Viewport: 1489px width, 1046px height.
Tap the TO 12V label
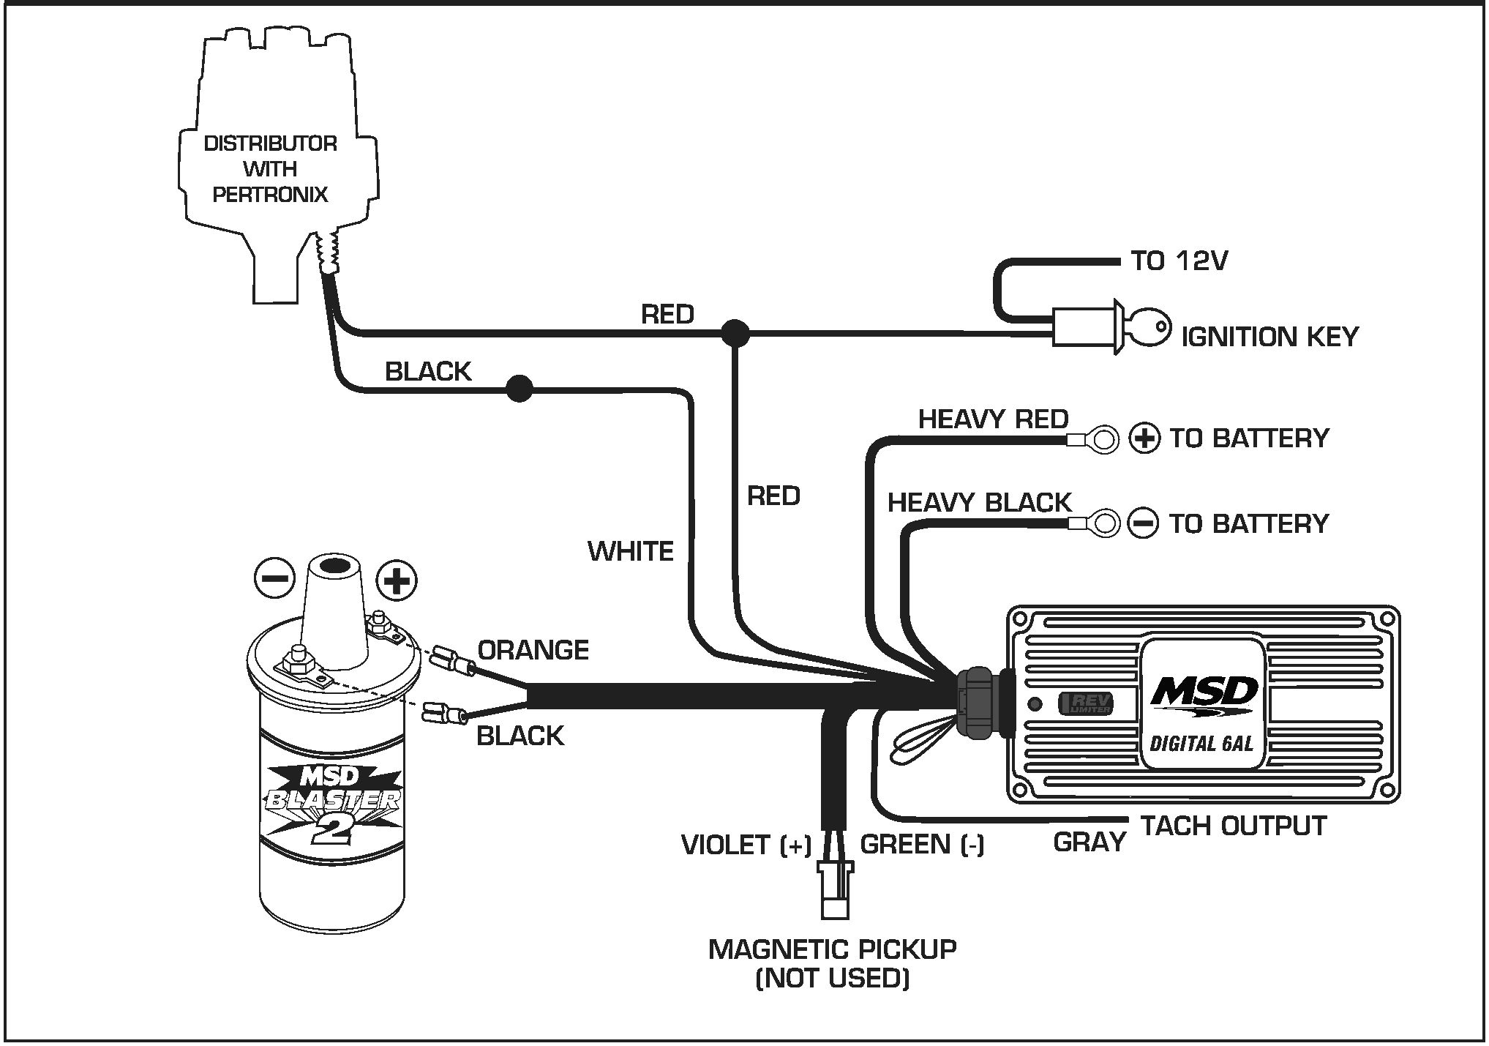(x=1179, y=261)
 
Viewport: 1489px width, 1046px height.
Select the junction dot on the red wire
(x=735, y=333)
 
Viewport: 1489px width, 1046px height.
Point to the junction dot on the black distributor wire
(x=520, y=388)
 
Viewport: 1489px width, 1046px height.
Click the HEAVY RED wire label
(x=993, y=419)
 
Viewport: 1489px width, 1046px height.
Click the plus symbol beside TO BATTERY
(x=1144, y=438)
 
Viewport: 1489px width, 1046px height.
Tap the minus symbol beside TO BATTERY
(x=1143, y=523)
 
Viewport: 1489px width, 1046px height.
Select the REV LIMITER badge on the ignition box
(x=1087, y=704)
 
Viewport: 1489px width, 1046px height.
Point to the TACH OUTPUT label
(x=1234, y=826)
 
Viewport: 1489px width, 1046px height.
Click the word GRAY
(x=1089, y=843)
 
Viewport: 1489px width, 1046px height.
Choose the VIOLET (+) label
(x=746, y=845)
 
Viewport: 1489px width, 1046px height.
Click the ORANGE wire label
(x=533, y=650)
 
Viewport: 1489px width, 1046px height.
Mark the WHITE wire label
(x=630, y=551)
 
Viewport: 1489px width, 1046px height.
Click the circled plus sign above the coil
(x=397, y=581)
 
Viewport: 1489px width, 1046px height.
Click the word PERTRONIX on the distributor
(x=270, y=195)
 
